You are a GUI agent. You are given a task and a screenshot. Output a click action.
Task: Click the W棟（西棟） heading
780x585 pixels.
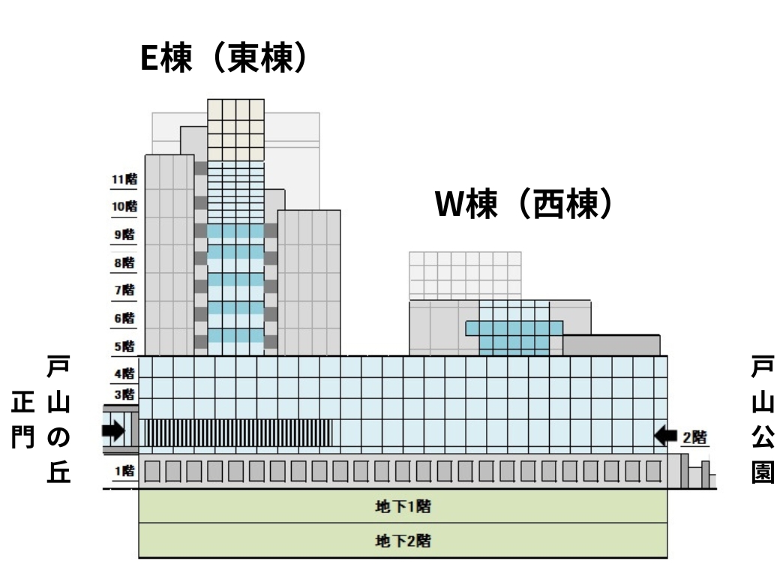526,204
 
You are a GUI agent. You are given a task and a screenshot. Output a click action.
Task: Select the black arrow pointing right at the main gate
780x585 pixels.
113,430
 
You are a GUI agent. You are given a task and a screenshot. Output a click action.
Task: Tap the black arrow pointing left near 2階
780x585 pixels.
666,435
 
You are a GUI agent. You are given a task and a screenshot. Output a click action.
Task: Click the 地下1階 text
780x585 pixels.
403,506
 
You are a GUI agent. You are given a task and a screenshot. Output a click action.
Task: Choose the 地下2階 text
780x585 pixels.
403,540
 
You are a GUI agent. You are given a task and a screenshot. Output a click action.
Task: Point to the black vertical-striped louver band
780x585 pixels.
238,433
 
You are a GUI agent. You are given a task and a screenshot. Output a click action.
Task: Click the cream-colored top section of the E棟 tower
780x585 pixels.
235,129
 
